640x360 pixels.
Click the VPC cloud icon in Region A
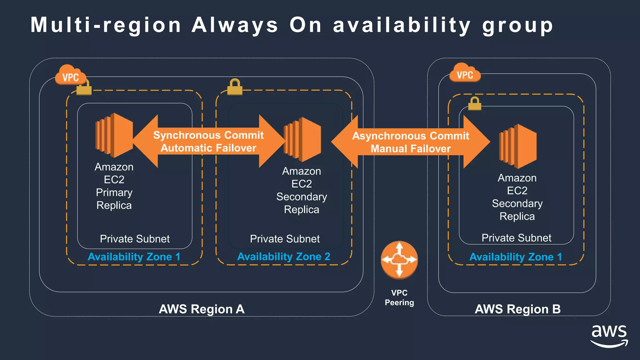pyautogui.click(x=70, y=75)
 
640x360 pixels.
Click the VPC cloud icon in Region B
pyautogui.click(x=465, y=73)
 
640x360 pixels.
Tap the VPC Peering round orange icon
pyautogui.click(x=399, y=260)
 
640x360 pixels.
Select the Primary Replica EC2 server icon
pyautogui.click(x=114, y=135)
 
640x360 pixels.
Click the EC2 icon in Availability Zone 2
pyautogui.click(x=302, y=139)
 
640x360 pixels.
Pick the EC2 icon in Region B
pyautogui.click(x=518, y=146)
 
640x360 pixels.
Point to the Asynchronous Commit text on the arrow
pyautogui.click(x=411, y=136)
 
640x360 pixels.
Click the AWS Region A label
pyautogui.click(x=202, y=309)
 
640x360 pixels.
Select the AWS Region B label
pyautogui.click(x=517, y=309)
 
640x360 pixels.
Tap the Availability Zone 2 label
pyautogui.click(x=284, y=257)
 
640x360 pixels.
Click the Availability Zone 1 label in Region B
pyautogui.click(x=516, y=257)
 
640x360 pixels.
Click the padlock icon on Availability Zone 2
pyautogui.click(x=235, y=87)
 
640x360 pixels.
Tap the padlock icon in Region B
pyautogui.click(x=475, y=104)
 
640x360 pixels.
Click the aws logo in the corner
pyautogui.click(x=609, y=336)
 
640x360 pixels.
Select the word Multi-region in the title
pyautogui.click(x=106, y=25)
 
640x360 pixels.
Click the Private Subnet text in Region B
pyautogui.click(x=516, y=238)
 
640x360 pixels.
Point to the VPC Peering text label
pyautogui.click(x=399, y=297)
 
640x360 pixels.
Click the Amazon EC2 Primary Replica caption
pyautogui.click(x=114, y=186)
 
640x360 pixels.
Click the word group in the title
pyautogui.click(x=517, y=26)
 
